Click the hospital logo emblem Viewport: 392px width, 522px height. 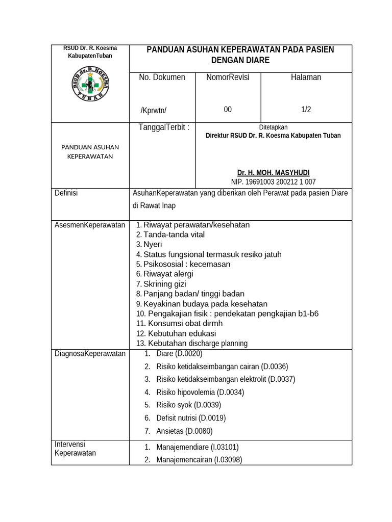(89, 84)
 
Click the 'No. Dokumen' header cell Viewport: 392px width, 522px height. (162, 77)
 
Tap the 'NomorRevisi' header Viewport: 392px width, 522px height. (228, 77)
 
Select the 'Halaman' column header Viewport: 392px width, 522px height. (306, 77)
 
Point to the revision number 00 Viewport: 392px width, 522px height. (228, 110)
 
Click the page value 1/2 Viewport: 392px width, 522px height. (306, 110)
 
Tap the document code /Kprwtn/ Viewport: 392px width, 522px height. (154, 111)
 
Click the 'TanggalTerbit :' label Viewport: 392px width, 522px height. (164, 127)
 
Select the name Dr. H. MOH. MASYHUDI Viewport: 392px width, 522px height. (273, 173)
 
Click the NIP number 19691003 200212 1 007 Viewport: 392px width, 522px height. (273, 181)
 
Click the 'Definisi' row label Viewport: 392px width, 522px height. (66, 193)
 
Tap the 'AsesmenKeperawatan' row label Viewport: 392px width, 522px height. (90, 225)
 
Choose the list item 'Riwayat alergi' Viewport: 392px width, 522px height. (168, 274)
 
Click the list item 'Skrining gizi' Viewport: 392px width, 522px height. (164, 284)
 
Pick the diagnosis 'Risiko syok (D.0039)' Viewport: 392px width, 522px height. (188, 405)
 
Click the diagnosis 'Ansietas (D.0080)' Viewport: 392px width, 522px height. (184, 431)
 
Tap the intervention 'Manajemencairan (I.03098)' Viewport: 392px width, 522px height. (199, 459)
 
